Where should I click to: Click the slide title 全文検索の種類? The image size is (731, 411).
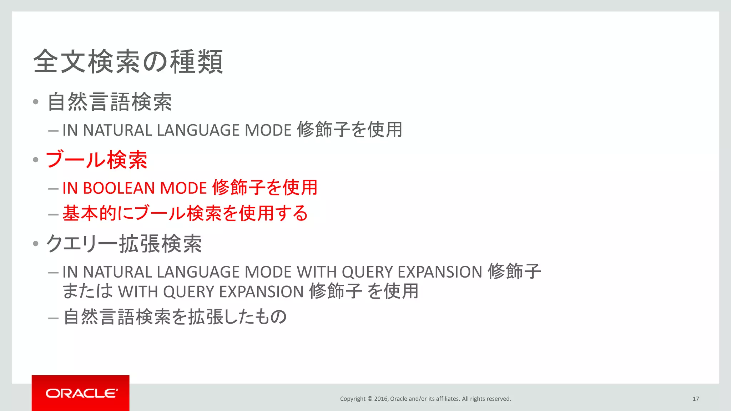tap(128, 62)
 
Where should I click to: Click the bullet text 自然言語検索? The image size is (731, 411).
tap(110, 102)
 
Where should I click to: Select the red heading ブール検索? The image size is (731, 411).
tap(96, 160)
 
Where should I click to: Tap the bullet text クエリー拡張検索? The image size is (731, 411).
tap(124, 244)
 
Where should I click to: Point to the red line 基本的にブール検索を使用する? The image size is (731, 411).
tap(185, 214)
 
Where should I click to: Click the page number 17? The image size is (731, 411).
tap(695, 399)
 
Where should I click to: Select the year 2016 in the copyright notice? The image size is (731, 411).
tap(381, 399)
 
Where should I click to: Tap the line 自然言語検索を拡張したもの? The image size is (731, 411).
tap(175, 317)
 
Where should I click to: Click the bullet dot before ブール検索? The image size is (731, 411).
tap(36, 160)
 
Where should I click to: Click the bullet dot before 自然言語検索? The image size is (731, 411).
tap(36, 102)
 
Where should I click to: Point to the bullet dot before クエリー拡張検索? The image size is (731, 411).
tap(36, 244)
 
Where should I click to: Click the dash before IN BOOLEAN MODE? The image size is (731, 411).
tap(53, 189)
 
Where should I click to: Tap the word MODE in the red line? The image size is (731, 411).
tap(183, 188)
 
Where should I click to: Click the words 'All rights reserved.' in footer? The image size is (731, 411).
tap(486, 399)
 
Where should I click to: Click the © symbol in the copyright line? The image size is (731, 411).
tap(370, 399)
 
